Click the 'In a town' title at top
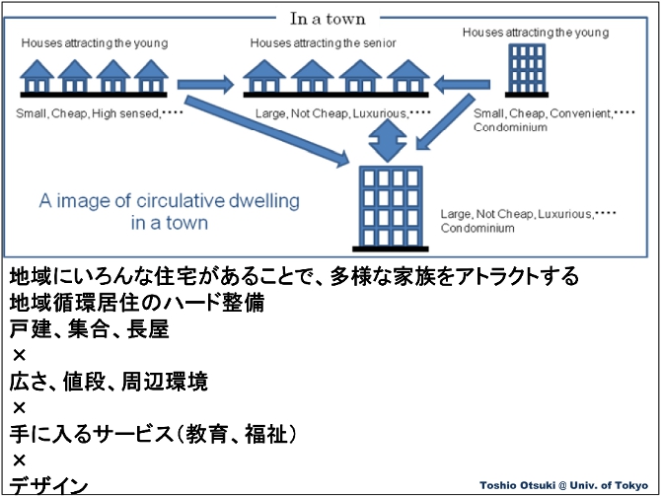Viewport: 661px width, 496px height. (328, 19)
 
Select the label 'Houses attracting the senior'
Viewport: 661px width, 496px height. (323, 43)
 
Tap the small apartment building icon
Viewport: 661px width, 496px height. (527, 70)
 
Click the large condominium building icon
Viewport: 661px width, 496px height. (391, 208)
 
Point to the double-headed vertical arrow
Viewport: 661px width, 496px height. (388, 140)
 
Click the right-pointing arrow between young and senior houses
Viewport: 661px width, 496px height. (205, 84)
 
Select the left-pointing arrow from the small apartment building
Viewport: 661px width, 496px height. (462, 84)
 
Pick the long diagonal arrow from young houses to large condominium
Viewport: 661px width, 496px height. (266, 131)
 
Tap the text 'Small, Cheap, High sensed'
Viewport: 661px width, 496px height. (88, 113)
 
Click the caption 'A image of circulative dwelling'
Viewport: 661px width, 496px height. (169, 200)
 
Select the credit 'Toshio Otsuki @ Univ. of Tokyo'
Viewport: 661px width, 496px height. (563, 485)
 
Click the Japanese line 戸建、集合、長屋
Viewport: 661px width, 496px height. (90, 329)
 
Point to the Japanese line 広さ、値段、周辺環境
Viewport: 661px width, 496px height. (109, 382)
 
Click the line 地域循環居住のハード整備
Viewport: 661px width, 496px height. (137, 303)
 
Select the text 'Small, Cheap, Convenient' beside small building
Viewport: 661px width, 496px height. (543, 113)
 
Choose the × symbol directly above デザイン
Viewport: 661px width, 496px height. (20, 461)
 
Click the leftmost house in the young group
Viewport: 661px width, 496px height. (37, 76)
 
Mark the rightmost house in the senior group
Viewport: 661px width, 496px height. (408, 76)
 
